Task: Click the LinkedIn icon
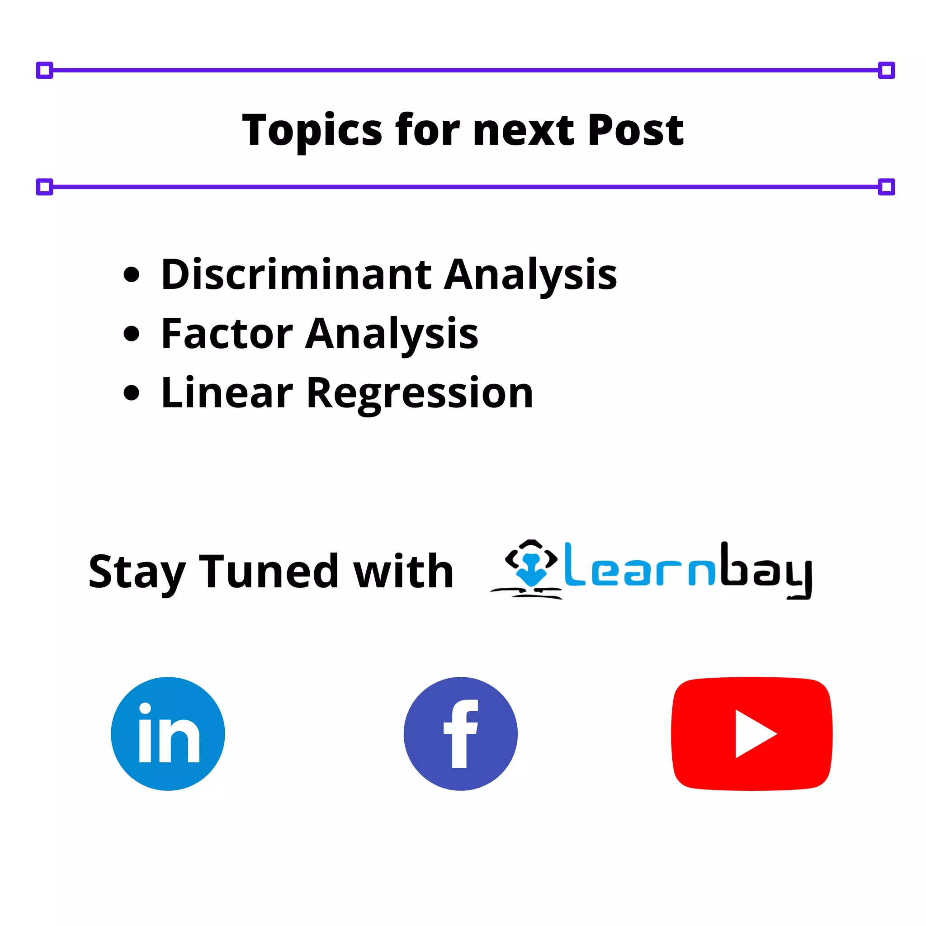(x=168, y=734)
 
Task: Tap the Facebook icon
(x=460, y=734)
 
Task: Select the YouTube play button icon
(x=751, y=734)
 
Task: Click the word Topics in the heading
(x=312, y=130)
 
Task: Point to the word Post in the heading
(x=636, y=130)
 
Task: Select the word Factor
(x=227, y=334)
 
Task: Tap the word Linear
(x=227, y=393)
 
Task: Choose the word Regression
(x=420, y=394)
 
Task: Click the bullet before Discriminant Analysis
(x=131, y=274)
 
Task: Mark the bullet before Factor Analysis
(x=131, y=334)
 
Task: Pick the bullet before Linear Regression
(x=131, y=393)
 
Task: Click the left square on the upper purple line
(x=45, y=71)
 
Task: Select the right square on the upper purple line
(x=886, y=71)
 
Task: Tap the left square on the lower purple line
(x=45, y=187)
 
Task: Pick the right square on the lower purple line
(x=886, y=187)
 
